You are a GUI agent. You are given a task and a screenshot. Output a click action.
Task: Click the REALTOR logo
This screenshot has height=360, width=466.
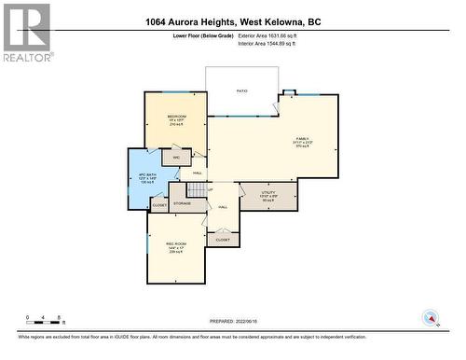click(x=26, y=33)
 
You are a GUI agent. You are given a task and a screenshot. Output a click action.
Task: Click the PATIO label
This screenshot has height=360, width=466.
click(x=241, y=91)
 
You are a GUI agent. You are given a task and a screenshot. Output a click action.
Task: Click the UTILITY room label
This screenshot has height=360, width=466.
click(x=267, y=194)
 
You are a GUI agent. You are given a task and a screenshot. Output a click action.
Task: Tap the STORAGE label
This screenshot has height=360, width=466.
click(x=182, y=202)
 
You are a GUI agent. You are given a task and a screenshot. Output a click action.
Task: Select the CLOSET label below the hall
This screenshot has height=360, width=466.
click(x=222, y=240)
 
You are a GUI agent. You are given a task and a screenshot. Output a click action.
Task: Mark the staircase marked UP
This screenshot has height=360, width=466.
click(x=212, y=187)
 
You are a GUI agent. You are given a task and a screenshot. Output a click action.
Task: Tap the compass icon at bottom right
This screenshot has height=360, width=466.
click(x=430, y=318)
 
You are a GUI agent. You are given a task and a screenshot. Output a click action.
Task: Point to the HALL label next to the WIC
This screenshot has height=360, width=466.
click(x=198, y=173)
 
